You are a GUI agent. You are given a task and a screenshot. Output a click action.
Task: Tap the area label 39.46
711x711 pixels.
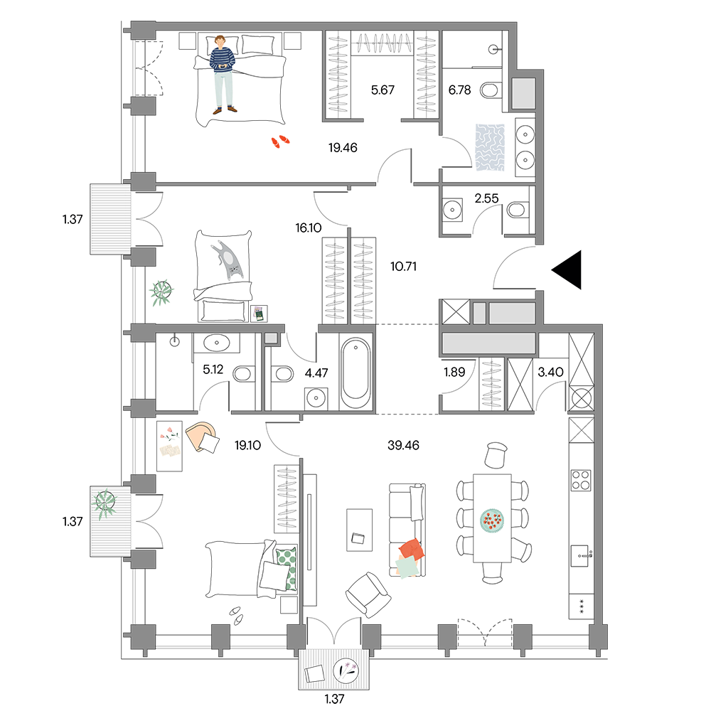click(x=403, y=445)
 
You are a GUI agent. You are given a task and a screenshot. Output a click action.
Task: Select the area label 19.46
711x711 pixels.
click(x=343, y=147)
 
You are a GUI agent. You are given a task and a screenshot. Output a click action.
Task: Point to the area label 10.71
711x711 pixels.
click(x=403, y=266)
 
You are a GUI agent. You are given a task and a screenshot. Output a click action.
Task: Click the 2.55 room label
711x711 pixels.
click(x=486, y=198)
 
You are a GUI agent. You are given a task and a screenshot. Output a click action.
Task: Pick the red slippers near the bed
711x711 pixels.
click(x=280, y=141)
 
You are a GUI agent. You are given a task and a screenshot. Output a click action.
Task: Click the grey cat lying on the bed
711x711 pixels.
click(x=228, y=260)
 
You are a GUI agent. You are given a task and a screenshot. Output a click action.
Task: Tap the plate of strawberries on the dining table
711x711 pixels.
click(x=491, y=520)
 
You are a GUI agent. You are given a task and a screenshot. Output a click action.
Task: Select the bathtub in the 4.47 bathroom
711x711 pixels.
click(x=355, y=374)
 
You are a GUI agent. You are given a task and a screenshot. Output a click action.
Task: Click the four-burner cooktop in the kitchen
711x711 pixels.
click(x=581, y=481)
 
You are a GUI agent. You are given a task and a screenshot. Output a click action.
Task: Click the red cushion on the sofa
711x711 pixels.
click(x=412, y=549)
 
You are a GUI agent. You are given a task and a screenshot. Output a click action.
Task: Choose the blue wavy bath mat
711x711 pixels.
click(x=490, y=147)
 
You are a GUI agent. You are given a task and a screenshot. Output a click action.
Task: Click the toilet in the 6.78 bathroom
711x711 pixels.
click(x=489, y=90)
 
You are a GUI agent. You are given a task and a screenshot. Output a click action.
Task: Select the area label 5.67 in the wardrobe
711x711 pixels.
click(x=383, y=90)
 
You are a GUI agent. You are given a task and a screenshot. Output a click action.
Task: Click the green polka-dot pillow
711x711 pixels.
click(x=287, y=569)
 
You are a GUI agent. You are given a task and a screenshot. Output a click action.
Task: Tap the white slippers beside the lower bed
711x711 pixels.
click(x=236, y=616)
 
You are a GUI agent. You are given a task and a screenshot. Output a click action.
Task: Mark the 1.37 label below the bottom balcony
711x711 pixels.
click(x=334, y=699)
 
